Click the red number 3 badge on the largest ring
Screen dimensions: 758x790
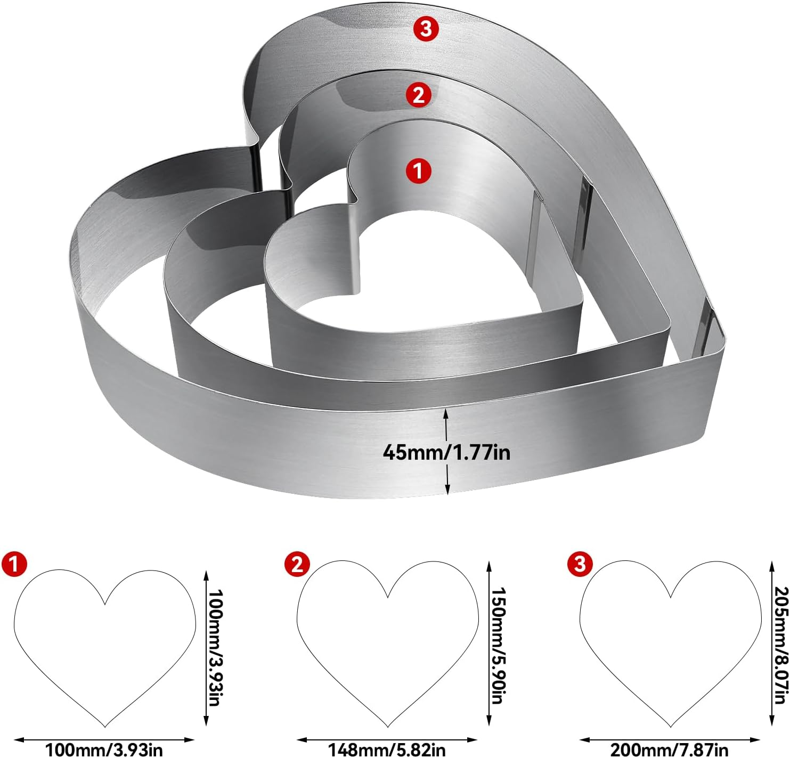[426, 29]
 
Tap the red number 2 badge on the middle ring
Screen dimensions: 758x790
[418, 95]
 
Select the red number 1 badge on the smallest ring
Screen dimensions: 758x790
[418, 171]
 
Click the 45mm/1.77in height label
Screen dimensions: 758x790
[446, 452]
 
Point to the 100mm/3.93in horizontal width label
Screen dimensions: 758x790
[104, 750]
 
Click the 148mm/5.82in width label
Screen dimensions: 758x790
[387, 750]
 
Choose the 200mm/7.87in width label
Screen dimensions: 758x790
[669, 750]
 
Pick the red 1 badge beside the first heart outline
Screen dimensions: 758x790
[14, 564]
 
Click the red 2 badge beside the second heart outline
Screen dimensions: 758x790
[297, 564]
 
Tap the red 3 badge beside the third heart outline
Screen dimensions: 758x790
[580, 564]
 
